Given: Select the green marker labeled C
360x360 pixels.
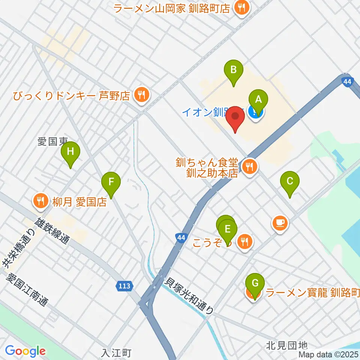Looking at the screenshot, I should click(x=290, y=181).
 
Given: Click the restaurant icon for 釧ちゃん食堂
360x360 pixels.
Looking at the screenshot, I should click(x=249, y=166).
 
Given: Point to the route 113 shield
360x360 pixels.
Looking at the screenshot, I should click(x=124, y=286).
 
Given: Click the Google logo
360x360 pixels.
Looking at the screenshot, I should click(x=25, y=351).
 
